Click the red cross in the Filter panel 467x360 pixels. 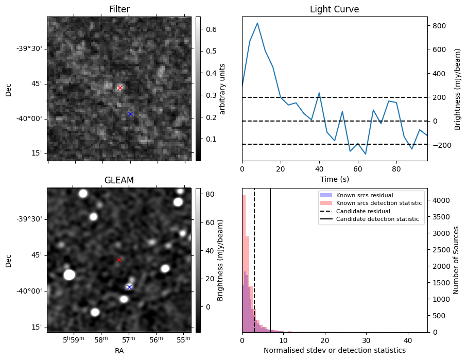pyautogui.click(x=120, y=88)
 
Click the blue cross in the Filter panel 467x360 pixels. pyautogui.click(x=130, y=114)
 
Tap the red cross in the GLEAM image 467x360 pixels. pyautogui.click(x=119, y=260)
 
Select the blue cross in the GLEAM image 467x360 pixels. pyautogui.click(x=129, y=287)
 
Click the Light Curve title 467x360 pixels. pyautogui.click(x=335, y=9)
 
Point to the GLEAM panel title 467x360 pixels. pyautogui.click(x=119, y=180)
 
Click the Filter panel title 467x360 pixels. pyautogui.click(x=119, y=9)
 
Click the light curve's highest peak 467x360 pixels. pyautogui.click(x=257, y=23)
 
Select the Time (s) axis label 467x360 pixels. pyautogui.click(x=335, y=179)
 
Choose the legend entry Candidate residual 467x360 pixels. pyautogui.click(x=363, y=211)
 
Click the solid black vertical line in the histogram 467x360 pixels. pyautogui.click(x=270, y=260)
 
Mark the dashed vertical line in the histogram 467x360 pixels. pyautogui.click(x=254, y=260)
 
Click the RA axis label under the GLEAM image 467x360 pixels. pyautogui.click(x=119, y=351)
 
